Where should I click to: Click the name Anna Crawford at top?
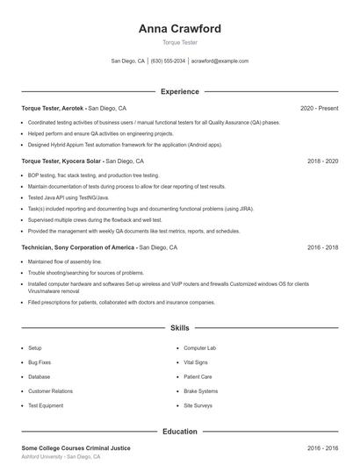pos(180,28)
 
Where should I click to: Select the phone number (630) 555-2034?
pos(168,61)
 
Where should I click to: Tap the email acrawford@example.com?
pos(220,61)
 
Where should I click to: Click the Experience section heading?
pos(180,91)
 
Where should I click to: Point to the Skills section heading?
pos(180,328)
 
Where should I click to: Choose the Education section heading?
pos(180,432)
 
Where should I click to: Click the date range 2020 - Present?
pos(319,108)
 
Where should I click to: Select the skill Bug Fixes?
pos(40,362)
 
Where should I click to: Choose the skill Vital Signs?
pos(196,362)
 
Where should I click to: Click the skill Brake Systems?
pos(200,391)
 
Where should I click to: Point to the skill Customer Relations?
pos(50,391)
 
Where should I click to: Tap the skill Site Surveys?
pos(198,406)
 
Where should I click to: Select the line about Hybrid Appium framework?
pos(125,145)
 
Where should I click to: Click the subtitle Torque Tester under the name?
pos(180,43)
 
